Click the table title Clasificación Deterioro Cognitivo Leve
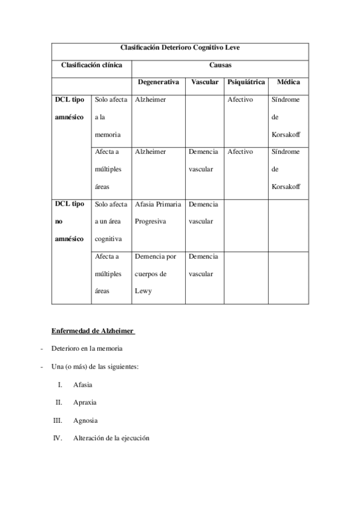[x=180, y=47]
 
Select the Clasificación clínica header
[x=91, y=64]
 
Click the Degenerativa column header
[x=158, y=82]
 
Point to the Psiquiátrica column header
[x=246, y=82]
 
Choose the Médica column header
[x=288, y=82]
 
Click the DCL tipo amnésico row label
[x=70, y=108]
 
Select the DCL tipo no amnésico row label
[x=70, y=221]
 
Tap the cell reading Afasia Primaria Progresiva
[x=158, y=213]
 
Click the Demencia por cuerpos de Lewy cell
[x=156, y=274]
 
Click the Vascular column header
[x=205, y=82]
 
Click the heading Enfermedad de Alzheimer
[x=93, y=330]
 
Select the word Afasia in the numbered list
[x=83, y=384]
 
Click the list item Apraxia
[x=85, y=402]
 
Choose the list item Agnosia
[x=85, y=420]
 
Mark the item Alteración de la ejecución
[x=111, y=438]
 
